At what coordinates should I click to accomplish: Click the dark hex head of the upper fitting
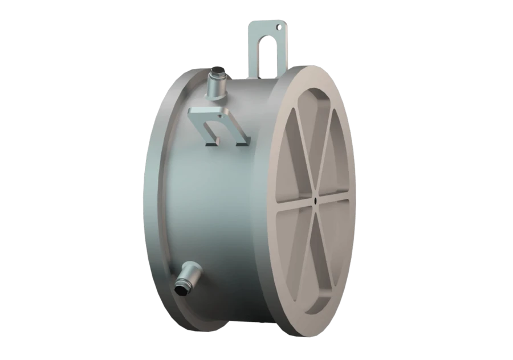217,76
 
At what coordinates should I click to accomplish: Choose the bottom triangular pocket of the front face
312,268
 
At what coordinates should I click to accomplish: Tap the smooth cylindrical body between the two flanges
228,199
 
